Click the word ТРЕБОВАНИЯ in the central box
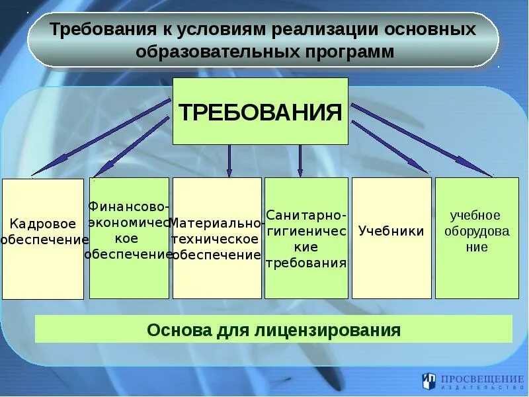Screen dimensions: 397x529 [260, 111]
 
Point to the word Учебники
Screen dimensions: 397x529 [391, 232]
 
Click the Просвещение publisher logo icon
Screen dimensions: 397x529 [429, 381]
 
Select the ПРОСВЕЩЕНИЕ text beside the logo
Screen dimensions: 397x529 [482, 378]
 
